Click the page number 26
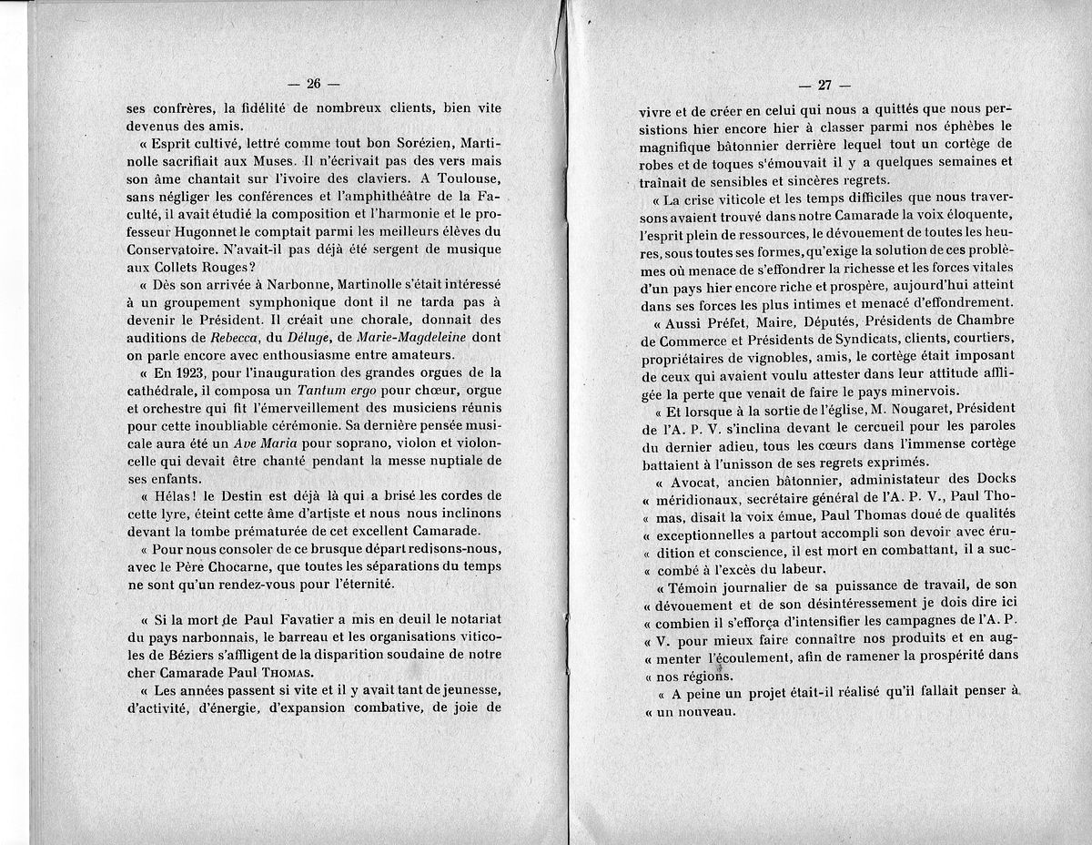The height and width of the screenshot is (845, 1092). pyautogui.click(x=314, y=84)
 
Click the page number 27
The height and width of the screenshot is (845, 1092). pyautogui.click(x=824, y=87)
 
